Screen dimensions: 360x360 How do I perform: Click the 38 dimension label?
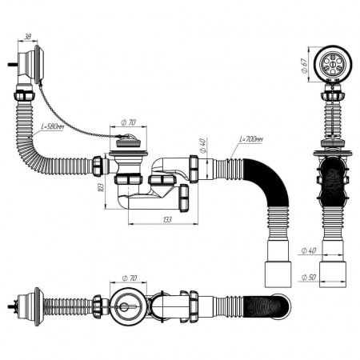pos(27,37)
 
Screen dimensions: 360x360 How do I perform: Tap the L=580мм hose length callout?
pos(53,127)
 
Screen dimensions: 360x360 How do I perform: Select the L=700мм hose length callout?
pos(250,139)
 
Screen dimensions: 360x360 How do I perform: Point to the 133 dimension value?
pos(167,220)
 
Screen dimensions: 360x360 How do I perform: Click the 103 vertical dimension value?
pos(101,187)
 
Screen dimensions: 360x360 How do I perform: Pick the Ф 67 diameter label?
pos(304,65)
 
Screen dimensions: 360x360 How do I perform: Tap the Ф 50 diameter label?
pos(309,278)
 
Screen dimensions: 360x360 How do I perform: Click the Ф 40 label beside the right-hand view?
pos(309,250)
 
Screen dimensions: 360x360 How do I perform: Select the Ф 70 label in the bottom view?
pos(130,278)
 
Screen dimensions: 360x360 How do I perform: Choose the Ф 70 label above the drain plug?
pos(128,122)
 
